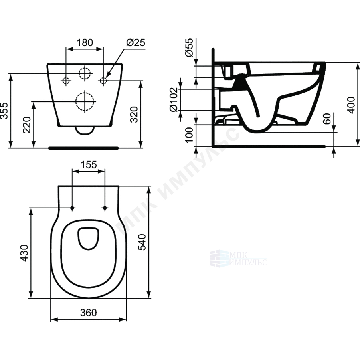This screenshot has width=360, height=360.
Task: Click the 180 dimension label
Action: (x=85, y=42)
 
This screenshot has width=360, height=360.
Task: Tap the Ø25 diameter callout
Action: (x=136, y=42)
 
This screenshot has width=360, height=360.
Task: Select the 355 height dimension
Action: (x=5, y=111)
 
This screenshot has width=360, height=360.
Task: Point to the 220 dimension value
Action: (x=27, y=125)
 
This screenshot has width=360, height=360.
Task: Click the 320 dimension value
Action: (x=134, y=114)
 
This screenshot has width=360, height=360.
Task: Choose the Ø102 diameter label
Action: (x=174, y=100)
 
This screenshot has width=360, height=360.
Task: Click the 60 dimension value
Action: (x=327, y=119)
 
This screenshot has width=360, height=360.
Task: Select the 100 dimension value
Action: (x=189, y=135)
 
